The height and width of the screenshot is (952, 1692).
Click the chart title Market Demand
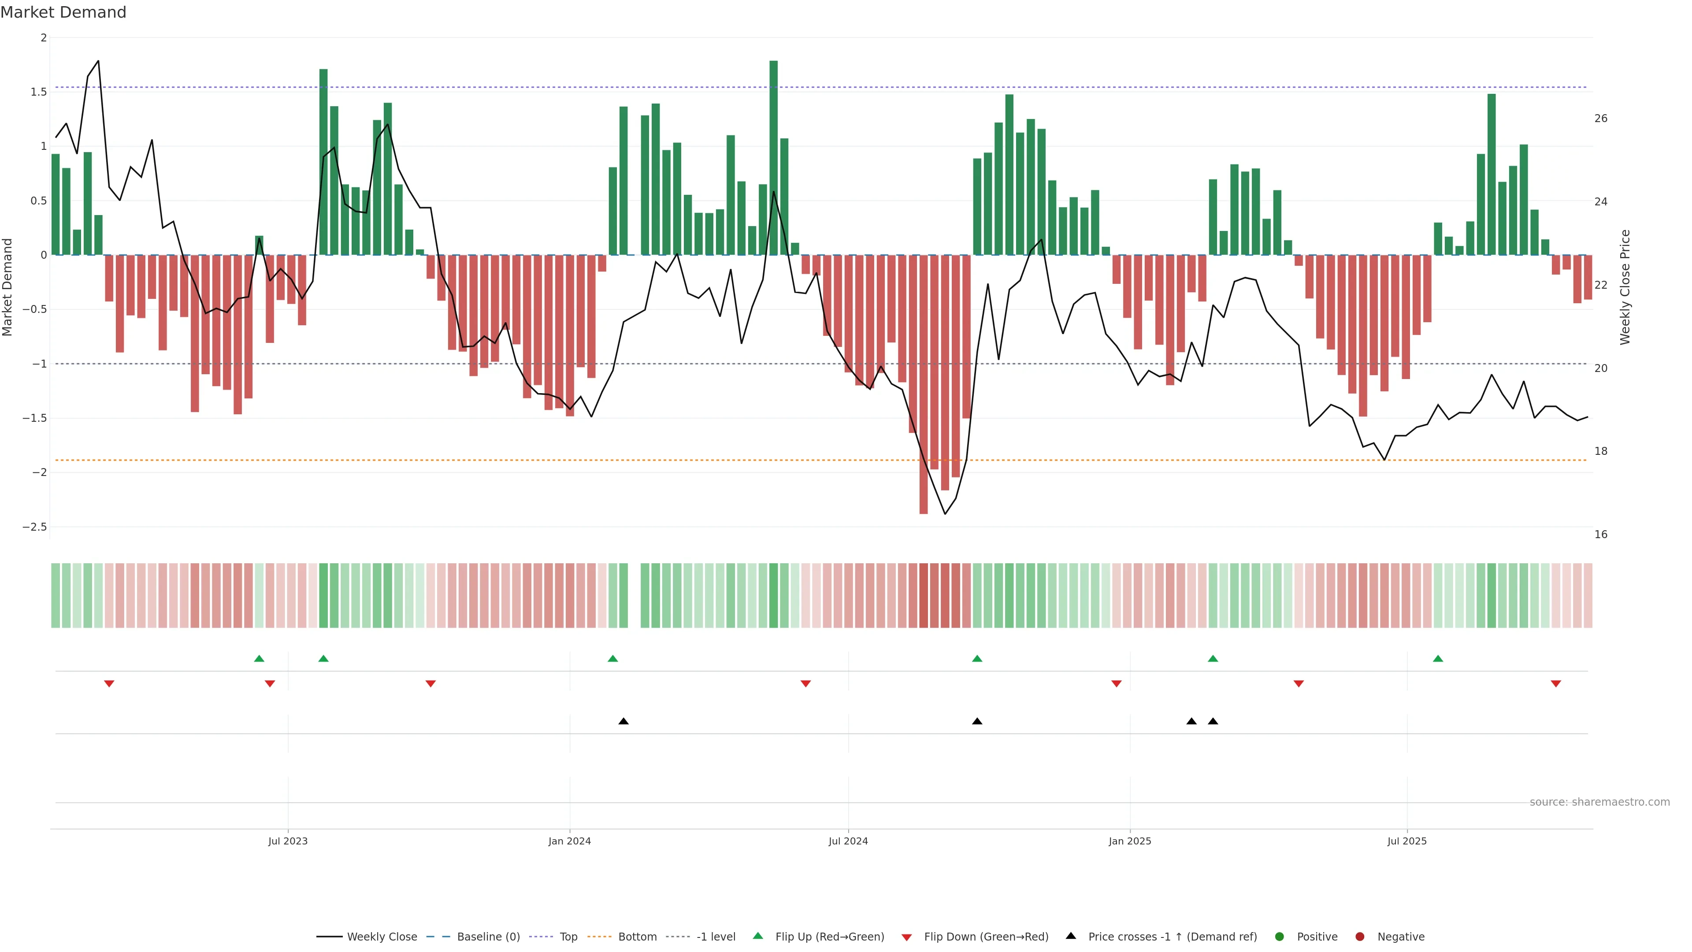(63, 12)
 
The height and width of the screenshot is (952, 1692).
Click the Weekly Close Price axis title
(1625, 287)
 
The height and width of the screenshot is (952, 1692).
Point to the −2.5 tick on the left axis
(35, 527)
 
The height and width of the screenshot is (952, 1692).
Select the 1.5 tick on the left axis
(39, 92)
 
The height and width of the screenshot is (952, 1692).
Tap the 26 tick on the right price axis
(1601, 118)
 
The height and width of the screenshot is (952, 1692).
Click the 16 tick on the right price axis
(1601, 534)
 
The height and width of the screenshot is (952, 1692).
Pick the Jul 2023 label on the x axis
(288, 841)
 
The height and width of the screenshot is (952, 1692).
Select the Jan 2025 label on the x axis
(1130, 841)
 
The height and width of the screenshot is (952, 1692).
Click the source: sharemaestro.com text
(1599, 802)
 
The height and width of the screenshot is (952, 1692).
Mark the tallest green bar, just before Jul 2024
(774, 158)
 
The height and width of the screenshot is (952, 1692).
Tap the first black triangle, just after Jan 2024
(623, 721)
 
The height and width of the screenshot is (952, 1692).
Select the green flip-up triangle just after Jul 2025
(1438, 658)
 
